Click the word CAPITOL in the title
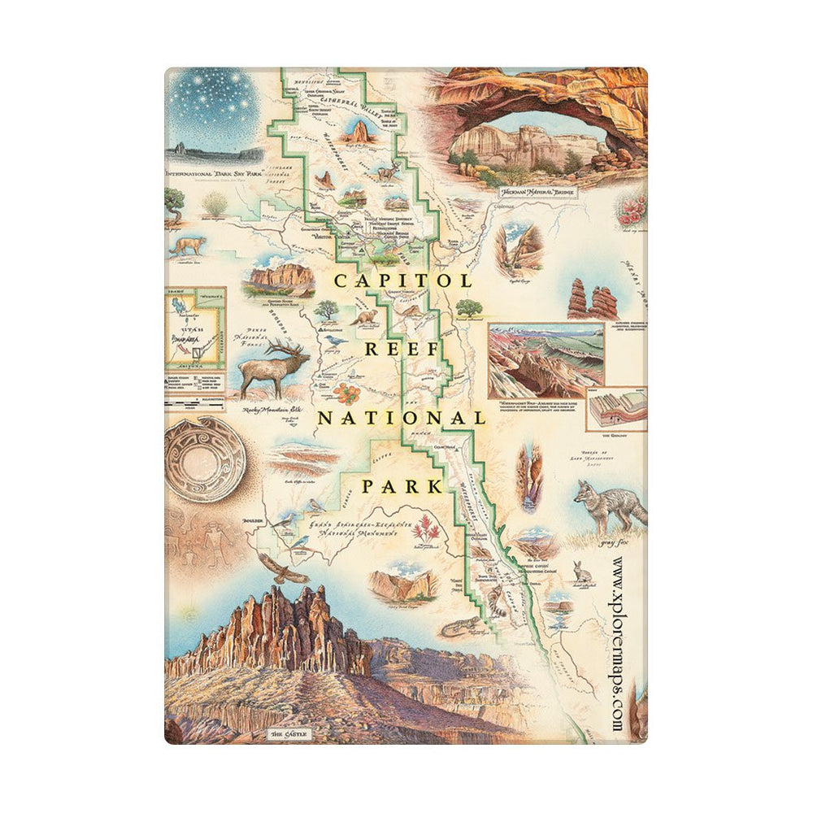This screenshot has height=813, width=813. (x=402, y=280)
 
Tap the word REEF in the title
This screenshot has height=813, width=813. (x=404, y=350)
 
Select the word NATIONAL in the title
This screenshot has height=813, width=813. (x=401, y=418)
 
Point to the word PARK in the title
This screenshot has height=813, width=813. (x=402, y=487)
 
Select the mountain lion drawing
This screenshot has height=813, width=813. (x=187, y=246)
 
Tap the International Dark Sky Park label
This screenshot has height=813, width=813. (x=214, y=173)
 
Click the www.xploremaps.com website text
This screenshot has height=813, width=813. (x=618, y=646)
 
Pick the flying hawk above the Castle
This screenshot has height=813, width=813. (x=282, y=569)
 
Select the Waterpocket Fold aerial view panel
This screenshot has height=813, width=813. (x=545, y=359)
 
